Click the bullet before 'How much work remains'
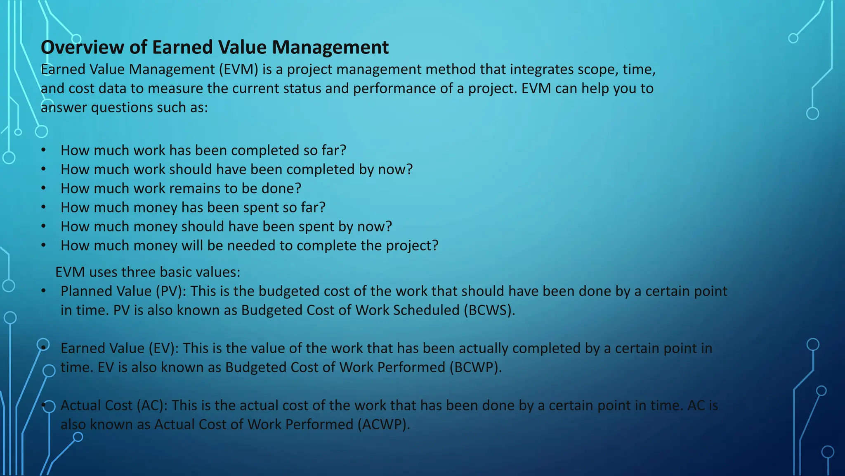coord(43,188)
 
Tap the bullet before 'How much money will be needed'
coord(43,245)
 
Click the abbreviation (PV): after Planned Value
coord(171,291)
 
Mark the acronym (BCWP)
coord(476,367)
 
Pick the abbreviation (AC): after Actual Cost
coord(152,405)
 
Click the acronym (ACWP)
coord(384,424)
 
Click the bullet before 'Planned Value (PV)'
coord(43,291)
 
